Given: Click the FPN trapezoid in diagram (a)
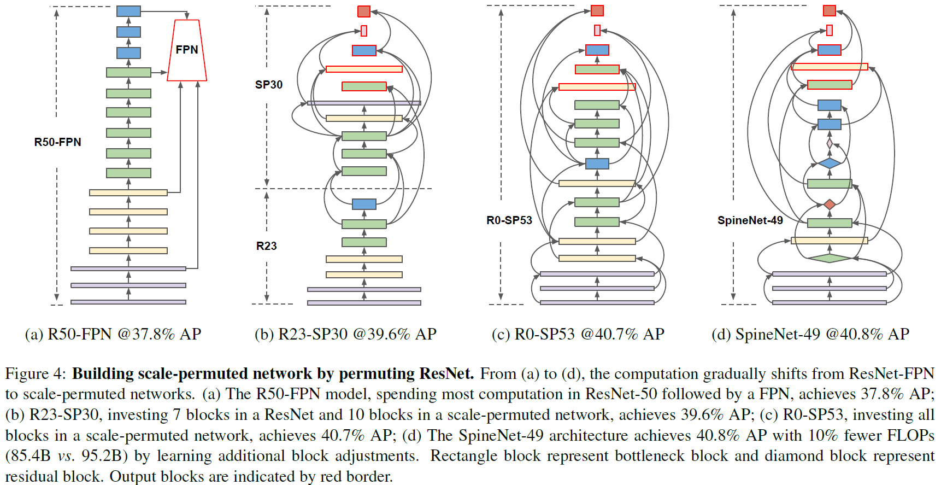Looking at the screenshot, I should [187, 50].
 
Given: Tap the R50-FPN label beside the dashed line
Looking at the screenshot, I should [57, 142].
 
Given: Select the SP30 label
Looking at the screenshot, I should [269, 85].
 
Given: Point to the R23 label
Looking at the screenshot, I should [267, 246].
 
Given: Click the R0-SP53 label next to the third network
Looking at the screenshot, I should [509, 220].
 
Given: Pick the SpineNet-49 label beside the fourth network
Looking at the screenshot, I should [750, 220].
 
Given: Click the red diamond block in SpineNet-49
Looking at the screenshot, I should [830, 204].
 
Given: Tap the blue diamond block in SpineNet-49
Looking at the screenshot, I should [830, 163].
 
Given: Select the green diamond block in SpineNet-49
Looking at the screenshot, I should [830, 258].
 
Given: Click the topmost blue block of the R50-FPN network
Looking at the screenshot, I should [128, 11].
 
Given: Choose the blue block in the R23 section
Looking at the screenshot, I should [364, 204].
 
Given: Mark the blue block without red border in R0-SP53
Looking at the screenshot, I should [597, 163].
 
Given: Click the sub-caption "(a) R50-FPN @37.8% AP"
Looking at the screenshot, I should [113, 334].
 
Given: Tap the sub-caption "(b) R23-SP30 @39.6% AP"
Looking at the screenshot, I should [345, 334].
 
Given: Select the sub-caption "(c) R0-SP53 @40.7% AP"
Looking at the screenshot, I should [578, 334].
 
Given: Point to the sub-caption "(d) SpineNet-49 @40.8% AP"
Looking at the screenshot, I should [810, 334].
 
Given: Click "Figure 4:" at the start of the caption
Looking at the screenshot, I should [36, 374].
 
